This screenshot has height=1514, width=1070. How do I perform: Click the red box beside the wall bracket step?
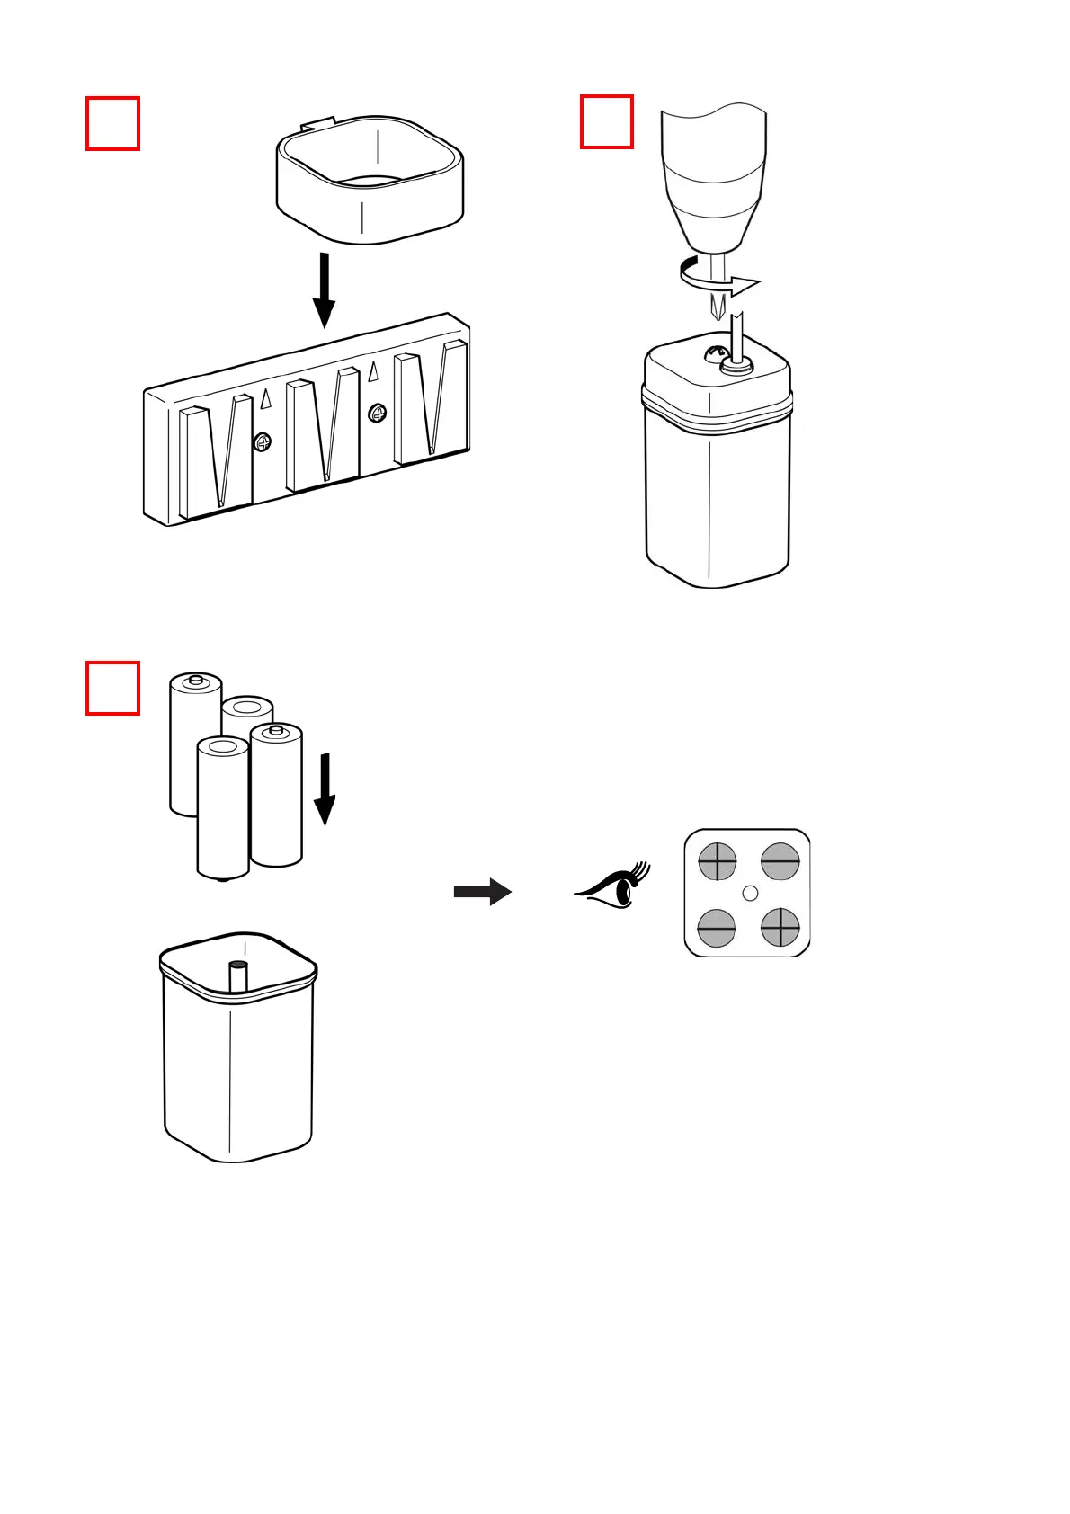[x=112, y=124]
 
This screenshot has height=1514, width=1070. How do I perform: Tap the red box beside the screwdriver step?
[x=607, y=121]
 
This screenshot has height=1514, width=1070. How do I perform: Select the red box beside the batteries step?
[x=112, y=688]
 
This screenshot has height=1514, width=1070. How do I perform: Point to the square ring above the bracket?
[x=370, y=180]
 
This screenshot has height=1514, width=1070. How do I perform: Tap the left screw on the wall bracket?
[x=262, y=441]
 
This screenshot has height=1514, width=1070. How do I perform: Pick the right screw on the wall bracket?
[x=378, y=413]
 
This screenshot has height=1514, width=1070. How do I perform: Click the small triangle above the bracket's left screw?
[x=266, y=399]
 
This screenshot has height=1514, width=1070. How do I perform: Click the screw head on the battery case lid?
[x=717, y=352]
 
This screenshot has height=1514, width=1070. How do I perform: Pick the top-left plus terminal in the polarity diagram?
[x=718, y=861]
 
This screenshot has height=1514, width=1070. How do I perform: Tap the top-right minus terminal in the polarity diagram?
[x=780, y=861]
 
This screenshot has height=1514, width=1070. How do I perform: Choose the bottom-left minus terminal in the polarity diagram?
[x=717, y=927]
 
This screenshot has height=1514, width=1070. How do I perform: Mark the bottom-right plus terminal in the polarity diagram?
[x=780, y=927]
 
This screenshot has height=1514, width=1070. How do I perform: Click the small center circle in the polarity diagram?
[x=751, y=894]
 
